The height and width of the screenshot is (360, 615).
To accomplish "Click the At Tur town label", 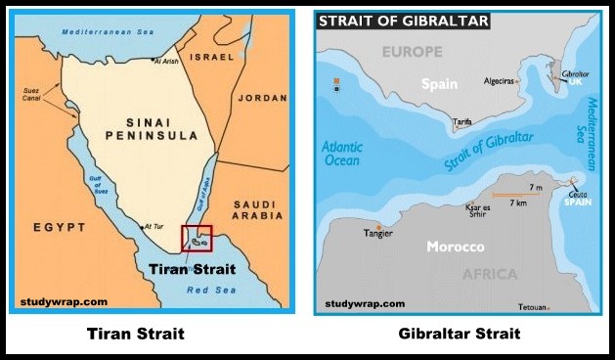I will [154, 227].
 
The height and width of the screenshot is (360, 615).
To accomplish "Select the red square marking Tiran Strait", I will [197, 239].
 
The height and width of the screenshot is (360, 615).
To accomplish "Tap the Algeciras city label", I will [501, 81].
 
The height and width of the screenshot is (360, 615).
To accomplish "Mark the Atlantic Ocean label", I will [342, 155].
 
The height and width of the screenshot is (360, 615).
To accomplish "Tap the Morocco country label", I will [456, 247].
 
